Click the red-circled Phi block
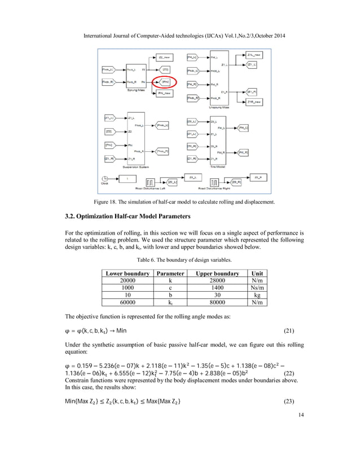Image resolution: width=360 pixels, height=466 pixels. [166, 82]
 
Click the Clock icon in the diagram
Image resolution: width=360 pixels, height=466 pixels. [104, 179]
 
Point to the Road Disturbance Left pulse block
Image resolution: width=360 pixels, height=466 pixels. [152, 182]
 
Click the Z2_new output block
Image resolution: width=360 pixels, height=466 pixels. [165, 58]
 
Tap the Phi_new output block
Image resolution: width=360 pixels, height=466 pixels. [165, 94]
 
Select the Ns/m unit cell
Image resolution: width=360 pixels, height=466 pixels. [258, 288]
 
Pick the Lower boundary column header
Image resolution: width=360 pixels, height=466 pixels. [128, 273]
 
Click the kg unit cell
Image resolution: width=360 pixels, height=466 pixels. [258, 295]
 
